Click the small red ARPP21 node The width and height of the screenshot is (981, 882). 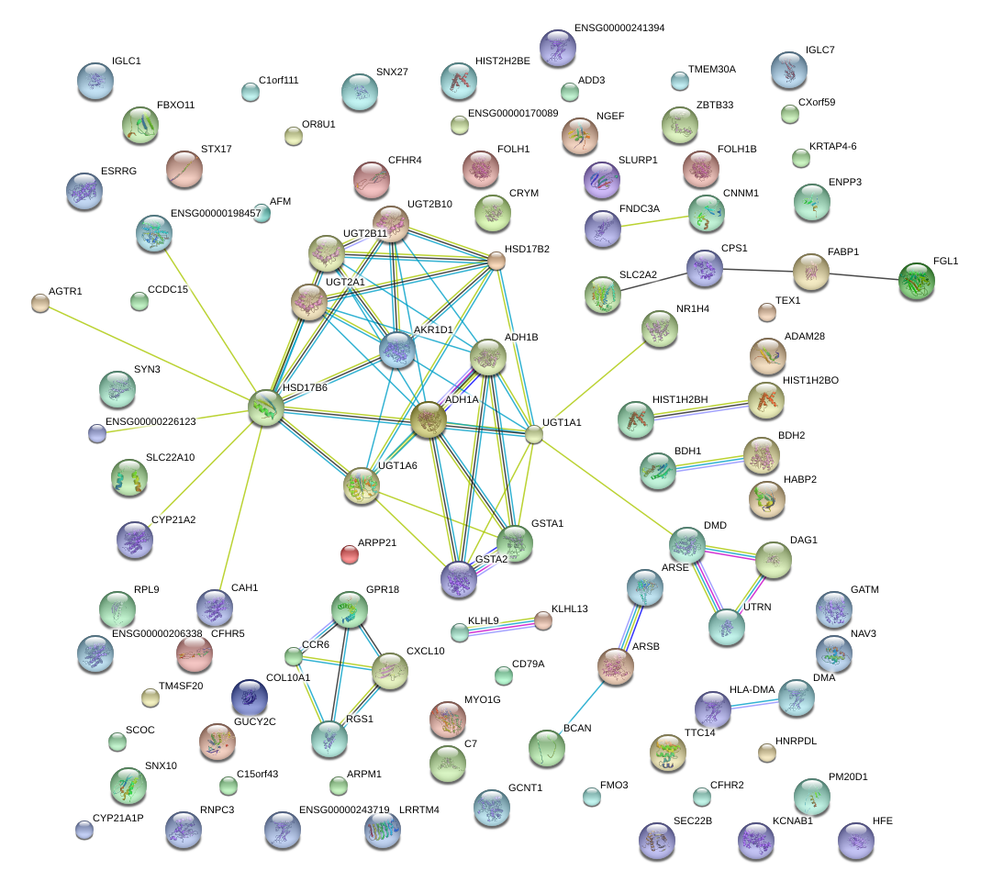click(x=350, y=554)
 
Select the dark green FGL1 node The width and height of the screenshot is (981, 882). click(x=916, y=282)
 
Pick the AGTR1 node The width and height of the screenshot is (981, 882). click(x=39, y=303)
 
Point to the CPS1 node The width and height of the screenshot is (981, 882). click(x=705, y=268)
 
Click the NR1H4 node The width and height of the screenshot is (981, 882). click(x=658, y=329)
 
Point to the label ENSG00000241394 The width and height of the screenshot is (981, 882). click(x=619, y=28)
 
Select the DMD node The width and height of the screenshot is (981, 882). click(x=686, y=545)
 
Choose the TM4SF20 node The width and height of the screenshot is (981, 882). click(x=150, y=698)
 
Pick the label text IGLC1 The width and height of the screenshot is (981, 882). click(x=126, y=61)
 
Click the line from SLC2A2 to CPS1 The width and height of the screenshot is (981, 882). click(x=652, y=282)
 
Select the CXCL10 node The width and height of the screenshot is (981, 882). click(x=390, y=672)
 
